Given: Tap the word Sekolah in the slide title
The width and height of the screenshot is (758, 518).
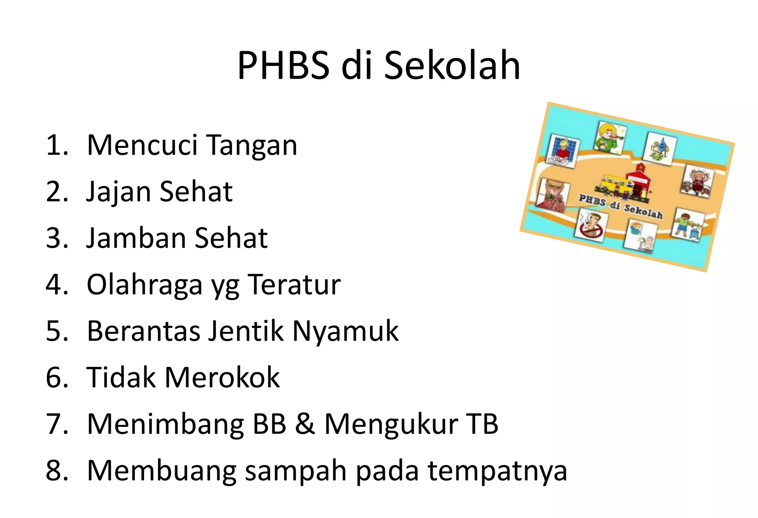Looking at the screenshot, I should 452,66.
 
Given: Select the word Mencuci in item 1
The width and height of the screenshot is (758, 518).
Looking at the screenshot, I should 142,145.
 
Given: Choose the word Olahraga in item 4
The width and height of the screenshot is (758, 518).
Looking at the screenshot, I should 144,285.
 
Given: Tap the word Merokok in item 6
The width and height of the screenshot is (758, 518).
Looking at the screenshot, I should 222,377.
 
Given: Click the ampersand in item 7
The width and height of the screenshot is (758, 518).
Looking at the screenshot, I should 305,424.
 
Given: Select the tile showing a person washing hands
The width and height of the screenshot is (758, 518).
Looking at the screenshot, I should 563,151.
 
